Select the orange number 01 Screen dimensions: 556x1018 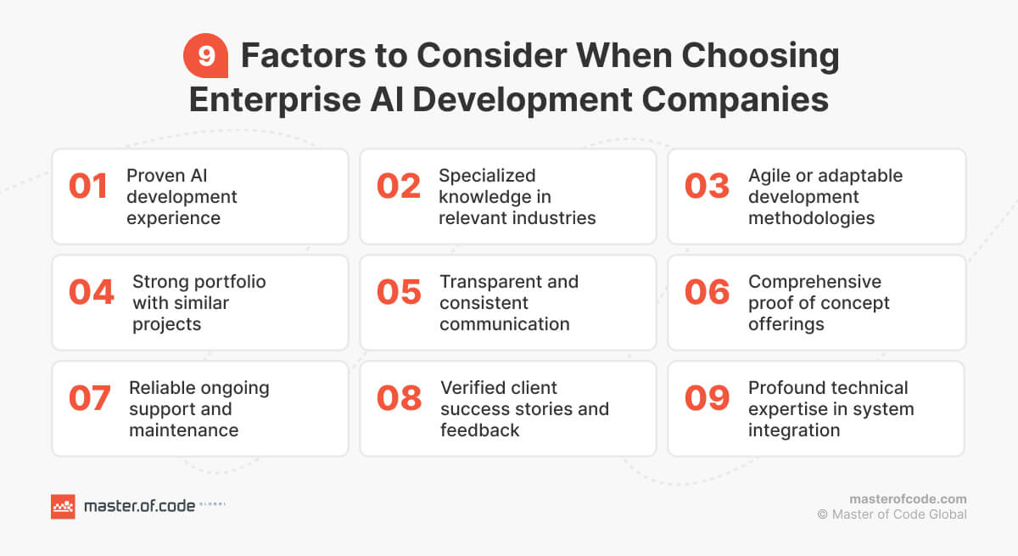click(88, 187)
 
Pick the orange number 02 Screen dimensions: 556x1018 click(399, 187)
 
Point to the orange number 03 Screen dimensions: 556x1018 click(707, 187)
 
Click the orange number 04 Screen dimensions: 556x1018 click(91, 292)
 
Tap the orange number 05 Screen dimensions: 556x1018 click(399, 292)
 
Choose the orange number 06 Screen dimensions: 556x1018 click(707, 292)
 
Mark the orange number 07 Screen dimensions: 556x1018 click(89, 398)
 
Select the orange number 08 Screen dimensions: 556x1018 click(399, 398)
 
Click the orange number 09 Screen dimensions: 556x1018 click(707, 398)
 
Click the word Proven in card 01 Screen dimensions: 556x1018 click(155, 176)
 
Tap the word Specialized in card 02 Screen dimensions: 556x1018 click(487, 176)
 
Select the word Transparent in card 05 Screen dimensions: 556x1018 click(489, 282)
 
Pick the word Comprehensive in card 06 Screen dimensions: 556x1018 click(814, 282)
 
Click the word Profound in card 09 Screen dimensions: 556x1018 click(785, 388)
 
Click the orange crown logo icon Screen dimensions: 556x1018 click(63, 507)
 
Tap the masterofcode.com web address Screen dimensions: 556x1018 click(908, 499)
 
